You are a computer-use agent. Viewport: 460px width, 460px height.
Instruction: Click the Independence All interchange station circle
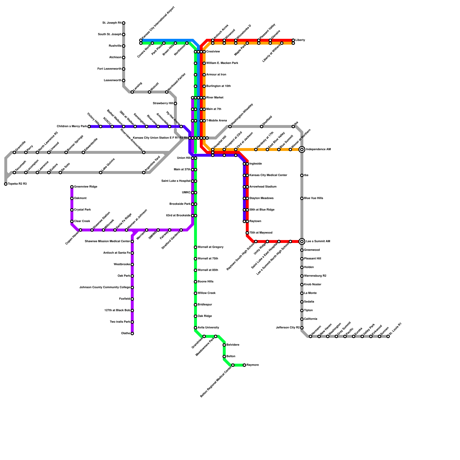point(302,149)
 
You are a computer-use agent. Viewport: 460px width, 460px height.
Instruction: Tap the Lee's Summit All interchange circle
point(302,241)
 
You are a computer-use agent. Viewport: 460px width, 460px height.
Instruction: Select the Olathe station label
point(125,333)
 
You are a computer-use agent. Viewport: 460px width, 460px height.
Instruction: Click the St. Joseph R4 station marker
point(124,23)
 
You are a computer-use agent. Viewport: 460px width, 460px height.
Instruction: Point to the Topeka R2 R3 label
point(17,184)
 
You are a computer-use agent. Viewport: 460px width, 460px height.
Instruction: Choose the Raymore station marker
point(244,365)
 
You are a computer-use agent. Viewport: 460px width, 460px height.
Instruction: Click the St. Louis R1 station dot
point(388,336)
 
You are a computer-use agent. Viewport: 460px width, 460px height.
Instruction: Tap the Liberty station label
point(300,40)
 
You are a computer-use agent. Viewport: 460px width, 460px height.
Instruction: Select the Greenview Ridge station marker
point(72,187)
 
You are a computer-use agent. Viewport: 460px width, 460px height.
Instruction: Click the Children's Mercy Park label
point(72,126)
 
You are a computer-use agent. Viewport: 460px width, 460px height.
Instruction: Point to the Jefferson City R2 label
point(288,328)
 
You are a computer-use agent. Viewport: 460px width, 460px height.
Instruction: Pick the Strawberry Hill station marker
point(175,103)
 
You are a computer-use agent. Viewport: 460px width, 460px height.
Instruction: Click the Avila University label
point(208,328)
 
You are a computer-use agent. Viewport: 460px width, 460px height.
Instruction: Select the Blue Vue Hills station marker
point(302,198)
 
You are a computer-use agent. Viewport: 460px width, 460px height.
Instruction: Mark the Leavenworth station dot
point(124,80)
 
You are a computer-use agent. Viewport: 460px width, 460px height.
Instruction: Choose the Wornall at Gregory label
point(210,247)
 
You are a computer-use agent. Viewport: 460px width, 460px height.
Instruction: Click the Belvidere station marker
point(224,345)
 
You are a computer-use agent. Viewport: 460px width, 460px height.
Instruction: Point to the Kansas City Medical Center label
point(268,175)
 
